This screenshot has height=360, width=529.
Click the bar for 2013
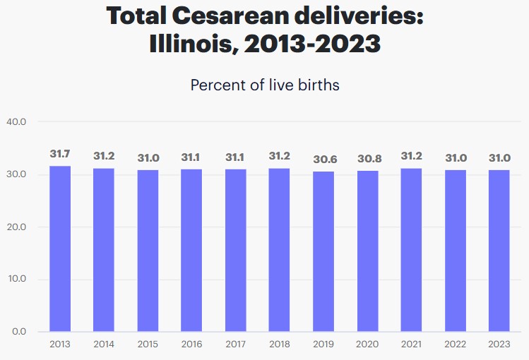coord(60,248)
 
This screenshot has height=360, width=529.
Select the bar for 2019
coord(324,251)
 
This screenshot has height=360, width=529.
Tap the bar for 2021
coord(412,250)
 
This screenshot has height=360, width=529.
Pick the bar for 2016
coord(191,250)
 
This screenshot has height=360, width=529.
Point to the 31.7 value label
coord(60,153)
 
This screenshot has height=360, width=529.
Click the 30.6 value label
coord(324,160)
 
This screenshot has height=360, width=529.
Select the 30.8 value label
coord(368,159)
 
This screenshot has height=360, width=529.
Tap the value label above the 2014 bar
coord(104,156)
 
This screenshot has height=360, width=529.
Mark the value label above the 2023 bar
coord(499,157)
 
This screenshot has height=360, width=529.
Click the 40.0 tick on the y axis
coord(16,121)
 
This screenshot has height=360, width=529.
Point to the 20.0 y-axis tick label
coord(16,227)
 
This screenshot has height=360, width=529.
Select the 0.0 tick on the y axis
coord(18,332)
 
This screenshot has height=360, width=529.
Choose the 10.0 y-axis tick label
coord(16,279)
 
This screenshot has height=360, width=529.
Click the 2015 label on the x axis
coord(148,344)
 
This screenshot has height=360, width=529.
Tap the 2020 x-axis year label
coord(368,344)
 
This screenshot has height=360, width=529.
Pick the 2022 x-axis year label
coord(456,344)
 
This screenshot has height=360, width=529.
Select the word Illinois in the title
coord(190,44)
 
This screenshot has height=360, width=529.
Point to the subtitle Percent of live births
coord(265,85)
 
